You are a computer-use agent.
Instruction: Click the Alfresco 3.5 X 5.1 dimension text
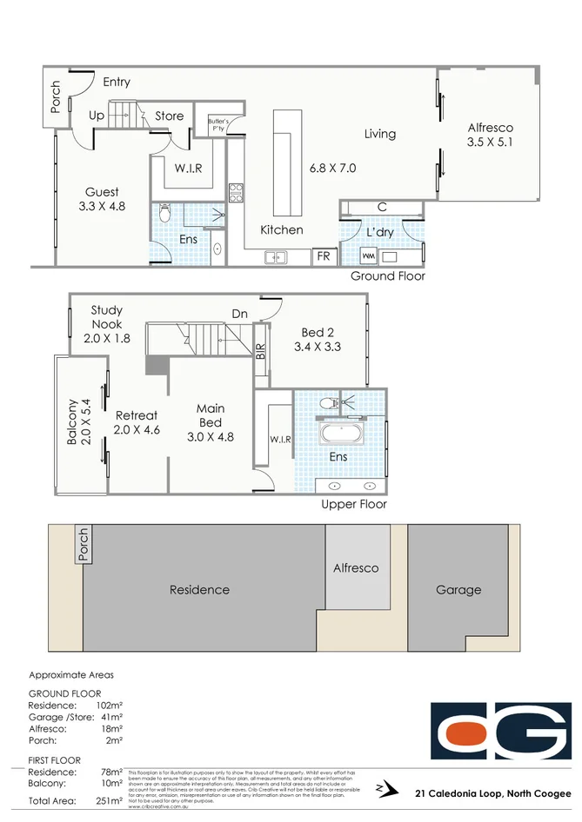coord(490,141)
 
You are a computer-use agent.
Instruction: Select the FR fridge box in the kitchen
coord(324,256)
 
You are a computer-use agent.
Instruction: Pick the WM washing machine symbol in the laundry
coord(368,257)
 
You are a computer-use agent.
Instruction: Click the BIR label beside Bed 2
coord(260,351)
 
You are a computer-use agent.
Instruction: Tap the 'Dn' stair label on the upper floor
coord(240,314)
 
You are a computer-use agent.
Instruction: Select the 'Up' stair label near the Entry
coord(97,116)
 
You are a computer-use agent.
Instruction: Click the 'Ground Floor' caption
coord(387,276)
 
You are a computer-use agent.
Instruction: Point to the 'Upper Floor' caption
coord(354,504)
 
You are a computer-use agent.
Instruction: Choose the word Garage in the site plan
coord(458,590)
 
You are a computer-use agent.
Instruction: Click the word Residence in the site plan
coord(199,590)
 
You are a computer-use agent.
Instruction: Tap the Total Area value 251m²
coord(110,800)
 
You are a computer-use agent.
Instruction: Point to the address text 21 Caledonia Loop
coord(492,792)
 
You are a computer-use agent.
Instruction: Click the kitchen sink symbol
coord(277,257)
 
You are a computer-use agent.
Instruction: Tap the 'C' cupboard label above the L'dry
coord(382,207)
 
